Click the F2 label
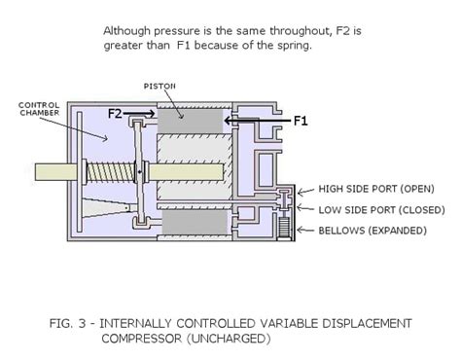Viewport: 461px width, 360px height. [x=115, y=114]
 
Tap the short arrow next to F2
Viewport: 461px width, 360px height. [x=140, y=114]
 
